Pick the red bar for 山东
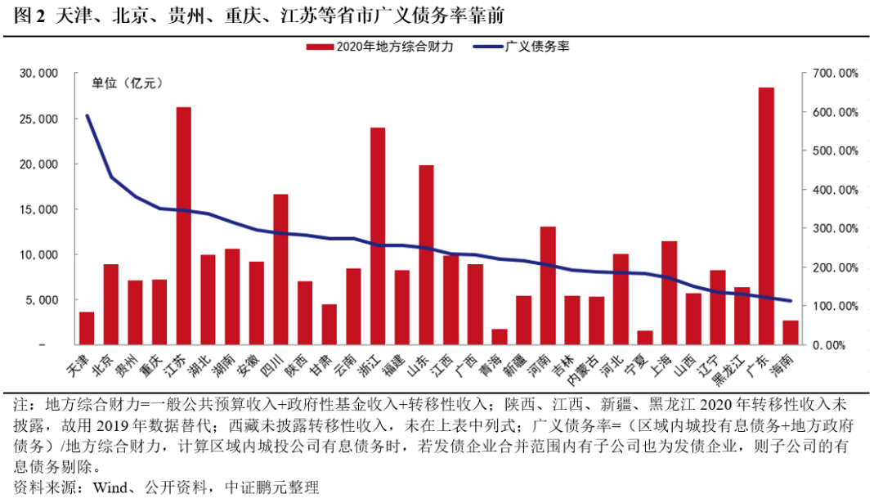click(x=426, y=254)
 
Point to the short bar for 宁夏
click(x=645, y=338)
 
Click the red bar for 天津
click(x=87, y=328)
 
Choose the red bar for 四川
click(x=280, y=269)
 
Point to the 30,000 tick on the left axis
click(x=38, y=74)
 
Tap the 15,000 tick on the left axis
click(x=38, y=209)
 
